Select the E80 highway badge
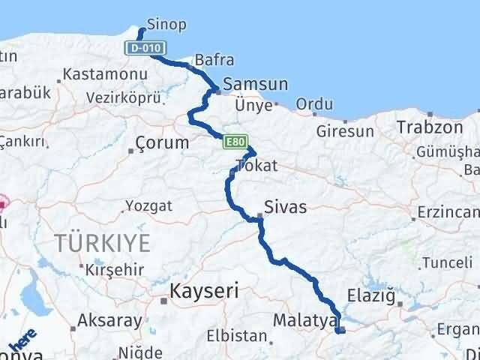[x=234, y=140]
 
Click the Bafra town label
[x=214, y=60]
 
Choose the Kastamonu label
[x=94, y=74]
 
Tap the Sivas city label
[x=286, y=207]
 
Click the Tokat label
[x=256, y=166]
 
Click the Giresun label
[x=345, y=131]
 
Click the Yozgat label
[x=148, y=205]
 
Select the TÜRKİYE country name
[x=103, y=243]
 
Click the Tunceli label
[x=447, y=262]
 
